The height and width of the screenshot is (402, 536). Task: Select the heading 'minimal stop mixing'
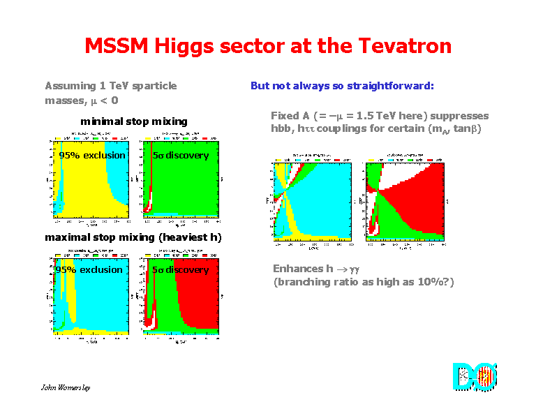tap(134, 121)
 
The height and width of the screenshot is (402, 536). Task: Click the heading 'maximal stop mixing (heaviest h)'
tap(133, 237)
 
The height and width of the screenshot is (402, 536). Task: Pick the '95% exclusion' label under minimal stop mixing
tap(92, 155)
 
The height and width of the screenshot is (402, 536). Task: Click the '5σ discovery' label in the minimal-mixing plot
tap(181, 155)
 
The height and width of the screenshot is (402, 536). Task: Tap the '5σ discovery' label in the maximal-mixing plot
tap(181, 269)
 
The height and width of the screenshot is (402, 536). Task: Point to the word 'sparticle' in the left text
tap(154, 86)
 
